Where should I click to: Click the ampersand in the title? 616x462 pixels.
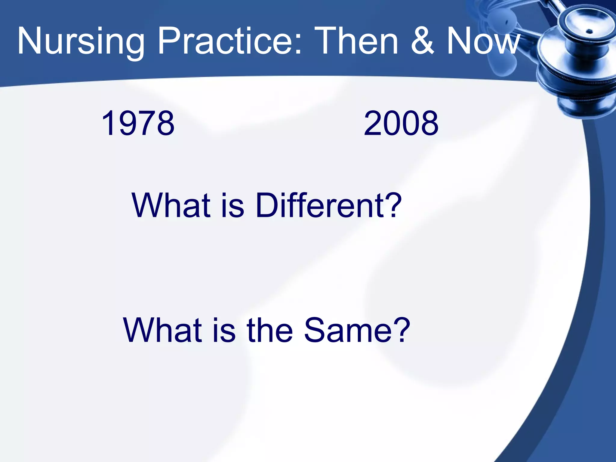[x=422, y=41]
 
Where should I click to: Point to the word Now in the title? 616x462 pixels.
[x=482, y=41]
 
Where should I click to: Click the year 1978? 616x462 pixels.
[x=138, y=123]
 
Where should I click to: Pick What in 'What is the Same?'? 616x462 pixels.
[x=162, y=330]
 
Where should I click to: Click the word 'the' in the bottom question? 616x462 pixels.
[x=269, y=330]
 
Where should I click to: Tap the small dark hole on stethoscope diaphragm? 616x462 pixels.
[x=590, y=31]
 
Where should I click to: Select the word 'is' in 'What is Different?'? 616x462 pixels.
[x=233, y=205]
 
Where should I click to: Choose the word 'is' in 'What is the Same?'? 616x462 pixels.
[x=224, y=330]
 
